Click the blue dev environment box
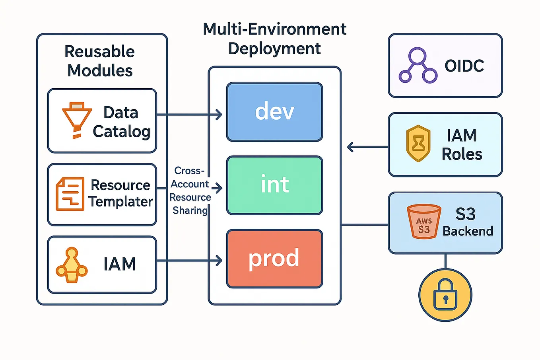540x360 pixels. pyautogui.click(x=274, y=112)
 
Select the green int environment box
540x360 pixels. pyautogui.click(x=274, y=185)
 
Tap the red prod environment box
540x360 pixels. pyautogui.click(x=274, y=259)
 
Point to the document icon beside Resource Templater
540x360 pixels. pyautogui.click(x=70, y=194)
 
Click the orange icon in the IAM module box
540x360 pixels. pyautogui.click(x=72, y=265)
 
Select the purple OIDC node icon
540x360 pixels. pyautogui.click(x=418, y=66)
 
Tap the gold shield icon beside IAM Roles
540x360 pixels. pyautogui.click(x=418, y=144)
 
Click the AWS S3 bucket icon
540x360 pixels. pyautogui.click(x=424, y=221)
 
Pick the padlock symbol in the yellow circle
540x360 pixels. pyautogui.click(x=445, y=295)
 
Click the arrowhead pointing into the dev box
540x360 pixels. pyautogui.click(x=219, y=115)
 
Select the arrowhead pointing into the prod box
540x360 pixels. pyautogui.click(x=219, y=261)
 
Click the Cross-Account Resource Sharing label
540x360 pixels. pyautogui.click(x=190, y=190)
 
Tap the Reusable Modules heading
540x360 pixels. pyautogui.click(x=100, y=61)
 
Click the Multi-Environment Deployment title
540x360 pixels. pyautogui.click(x=274, y=39)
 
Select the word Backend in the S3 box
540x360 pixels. pyautogui.click(x=468, y=231)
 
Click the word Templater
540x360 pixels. pyautogui.click(x=120, y=202)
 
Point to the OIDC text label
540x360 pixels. pyautogui.click(x=464, y=66)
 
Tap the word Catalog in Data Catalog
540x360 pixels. pyautogui.click(x=121, y=132)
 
